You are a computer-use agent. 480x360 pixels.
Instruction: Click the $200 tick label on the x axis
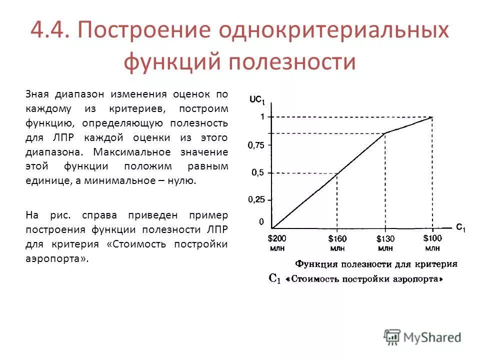tap(277, 238)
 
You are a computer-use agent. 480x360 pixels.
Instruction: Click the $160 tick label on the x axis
tap(337, 239)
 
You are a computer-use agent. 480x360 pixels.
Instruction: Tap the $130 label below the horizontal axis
tap(385, 239)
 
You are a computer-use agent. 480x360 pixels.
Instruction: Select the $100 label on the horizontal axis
tap(432, 238)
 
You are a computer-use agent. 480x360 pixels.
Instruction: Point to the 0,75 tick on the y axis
tap(256, 145)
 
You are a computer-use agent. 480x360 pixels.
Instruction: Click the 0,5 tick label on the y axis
tap(258, 173)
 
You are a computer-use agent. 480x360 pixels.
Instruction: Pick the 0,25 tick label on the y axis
tap(256, 199)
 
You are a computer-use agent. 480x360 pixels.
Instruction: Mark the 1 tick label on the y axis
tap(260, 116)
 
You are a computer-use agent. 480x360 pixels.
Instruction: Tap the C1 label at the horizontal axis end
tap(460, 227)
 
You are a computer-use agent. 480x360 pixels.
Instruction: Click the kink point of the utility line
tap(384, 133)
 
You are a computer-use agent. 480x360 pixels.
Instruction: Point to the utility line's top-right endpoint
tap(432, 117)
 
